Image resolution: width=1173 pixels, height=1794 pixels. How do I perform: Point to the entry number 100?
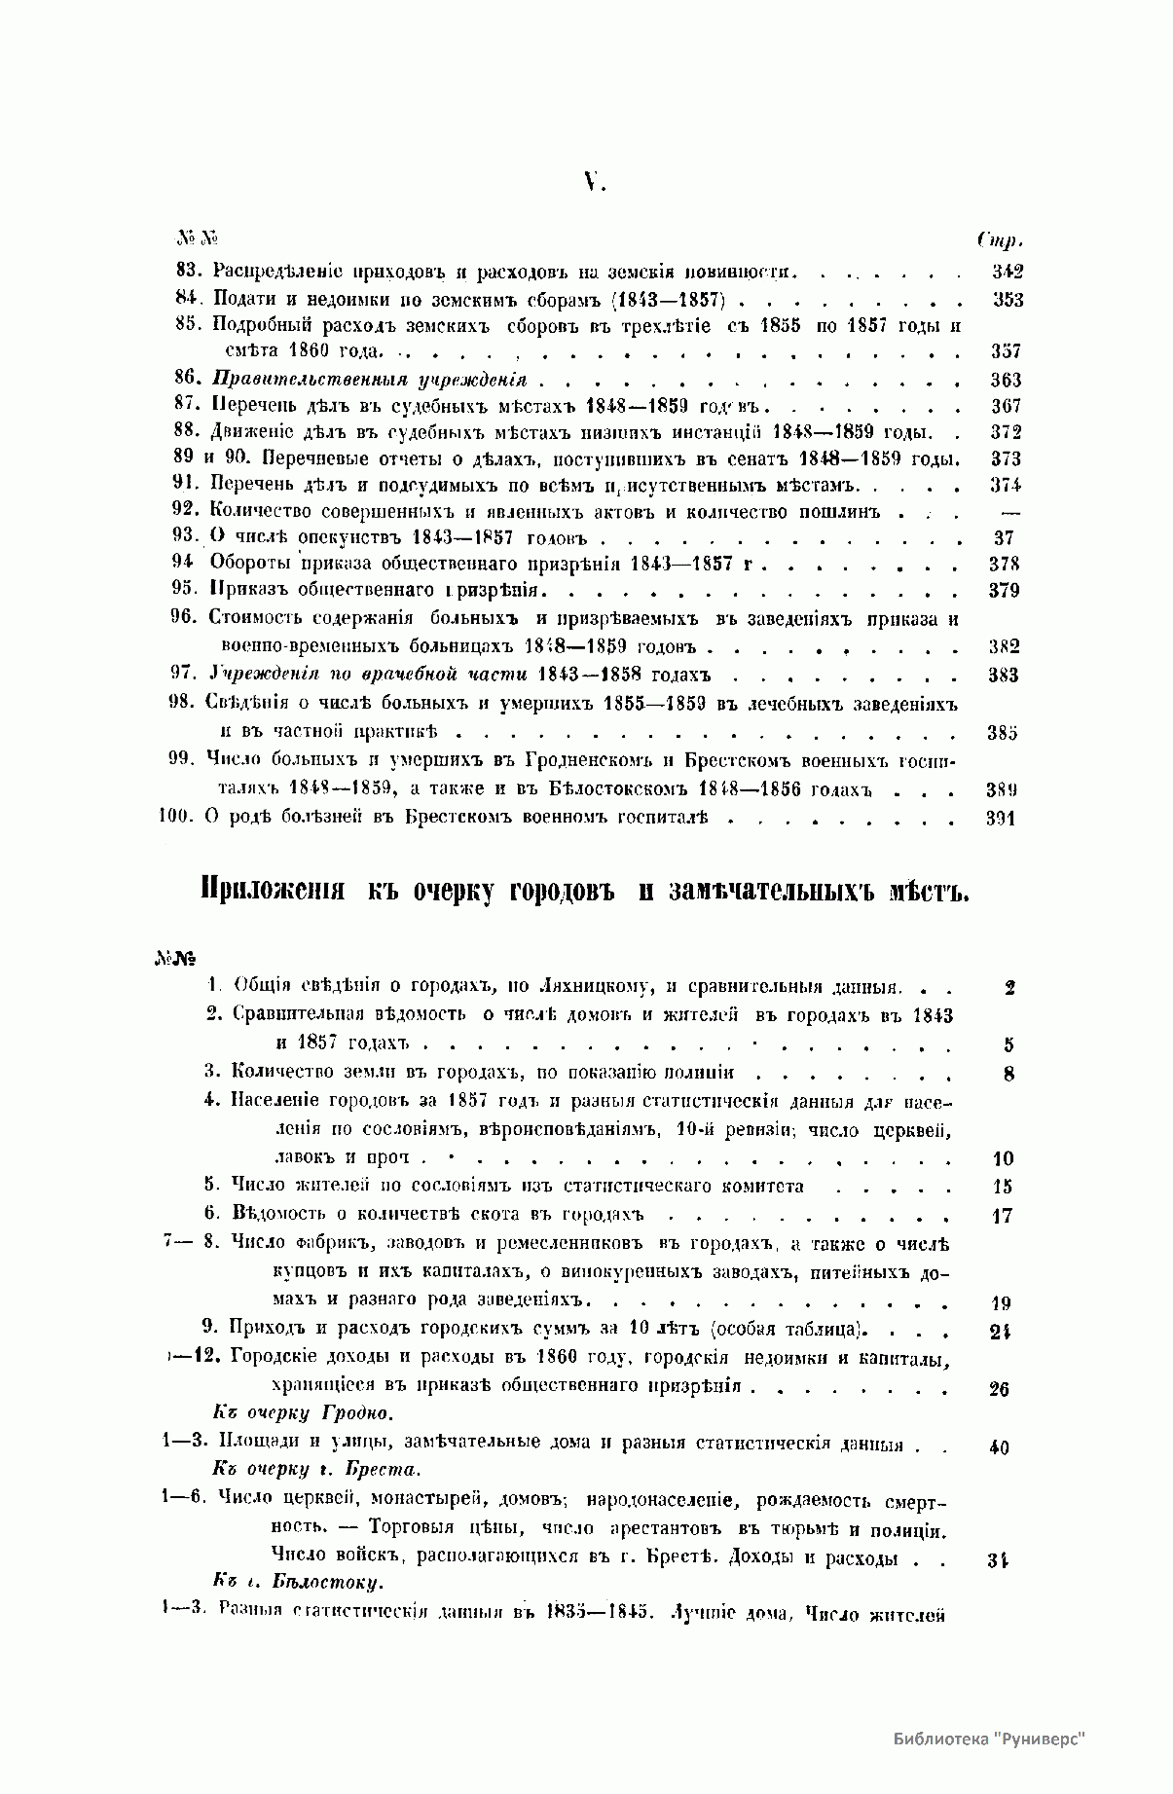click(176, 818)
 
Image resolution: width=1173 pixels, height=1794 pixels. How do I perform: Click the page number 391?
click(1000, 819)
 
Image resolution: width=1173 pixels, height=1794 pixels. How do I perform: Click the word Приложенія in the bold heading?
click(273, 890)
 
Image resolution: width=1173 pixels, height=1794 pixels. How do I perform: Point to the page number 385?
click(1002, 733)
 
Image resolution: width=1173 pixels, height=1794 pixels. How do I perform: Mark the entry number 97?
click(185, 674)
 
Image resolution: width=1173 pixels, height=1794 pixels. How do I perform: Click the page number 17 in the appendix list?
click(1002, 1215)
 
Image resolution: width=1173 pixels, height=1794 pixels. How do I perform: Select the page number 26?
click(999, 1389)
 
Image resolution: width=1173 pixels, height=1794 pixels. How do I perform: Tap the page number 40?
click(999, 1447)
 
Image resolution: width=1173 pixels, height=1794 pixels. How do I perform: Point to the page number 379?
click(1004, 591)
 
